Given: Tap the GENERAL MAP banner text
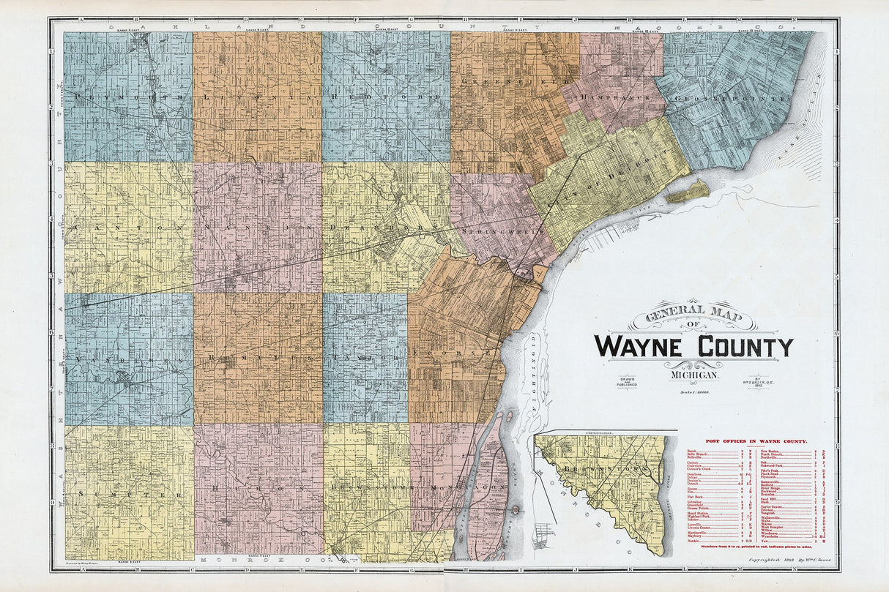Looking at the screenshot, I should tap(693, 318).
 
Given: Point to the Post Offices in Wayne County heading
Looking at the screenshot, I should tap(756, 441).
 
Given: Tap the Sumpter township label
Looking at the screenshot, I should tap(128, 495).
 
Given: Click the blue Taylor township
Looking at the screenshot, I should tap(365, 356).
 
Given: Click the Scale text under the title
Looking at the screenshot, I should tap(693, 393).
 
